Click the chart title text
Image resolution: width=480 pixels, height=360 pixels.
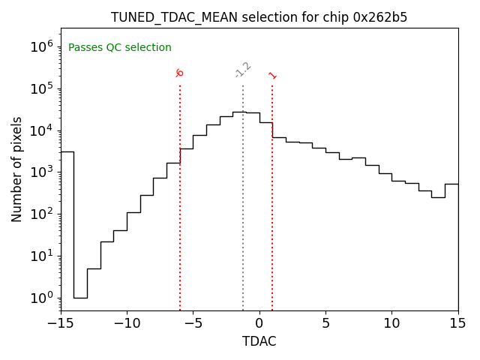tap(259, 17)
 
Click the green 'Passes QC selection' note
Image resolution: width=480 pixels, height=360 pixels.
tap(120, 48)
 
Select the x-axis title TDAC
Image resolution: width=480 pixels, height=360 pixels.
tap(259, 341)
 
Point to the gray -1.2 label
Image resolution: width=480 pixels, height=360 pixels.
tap(242, 70)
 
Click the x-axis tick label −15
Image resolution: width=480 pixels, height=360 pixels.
tap(61, 323)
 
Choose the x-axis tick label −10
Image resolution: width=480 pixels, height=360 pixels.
tap(127, 323)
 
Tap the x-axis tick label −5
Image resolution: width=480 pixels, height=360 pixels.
tap(193, 323)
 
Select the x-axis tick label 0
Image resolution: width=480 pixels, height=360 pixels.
tap(259, 323)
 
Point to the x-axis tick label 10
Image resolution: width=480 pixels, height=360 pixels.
tap(391, 323)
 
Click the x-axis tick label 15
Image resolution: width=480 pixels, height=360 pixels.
tap(457, 323)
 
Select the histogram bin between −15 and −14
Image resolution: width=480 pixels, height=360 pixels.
tap(67, 225)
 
